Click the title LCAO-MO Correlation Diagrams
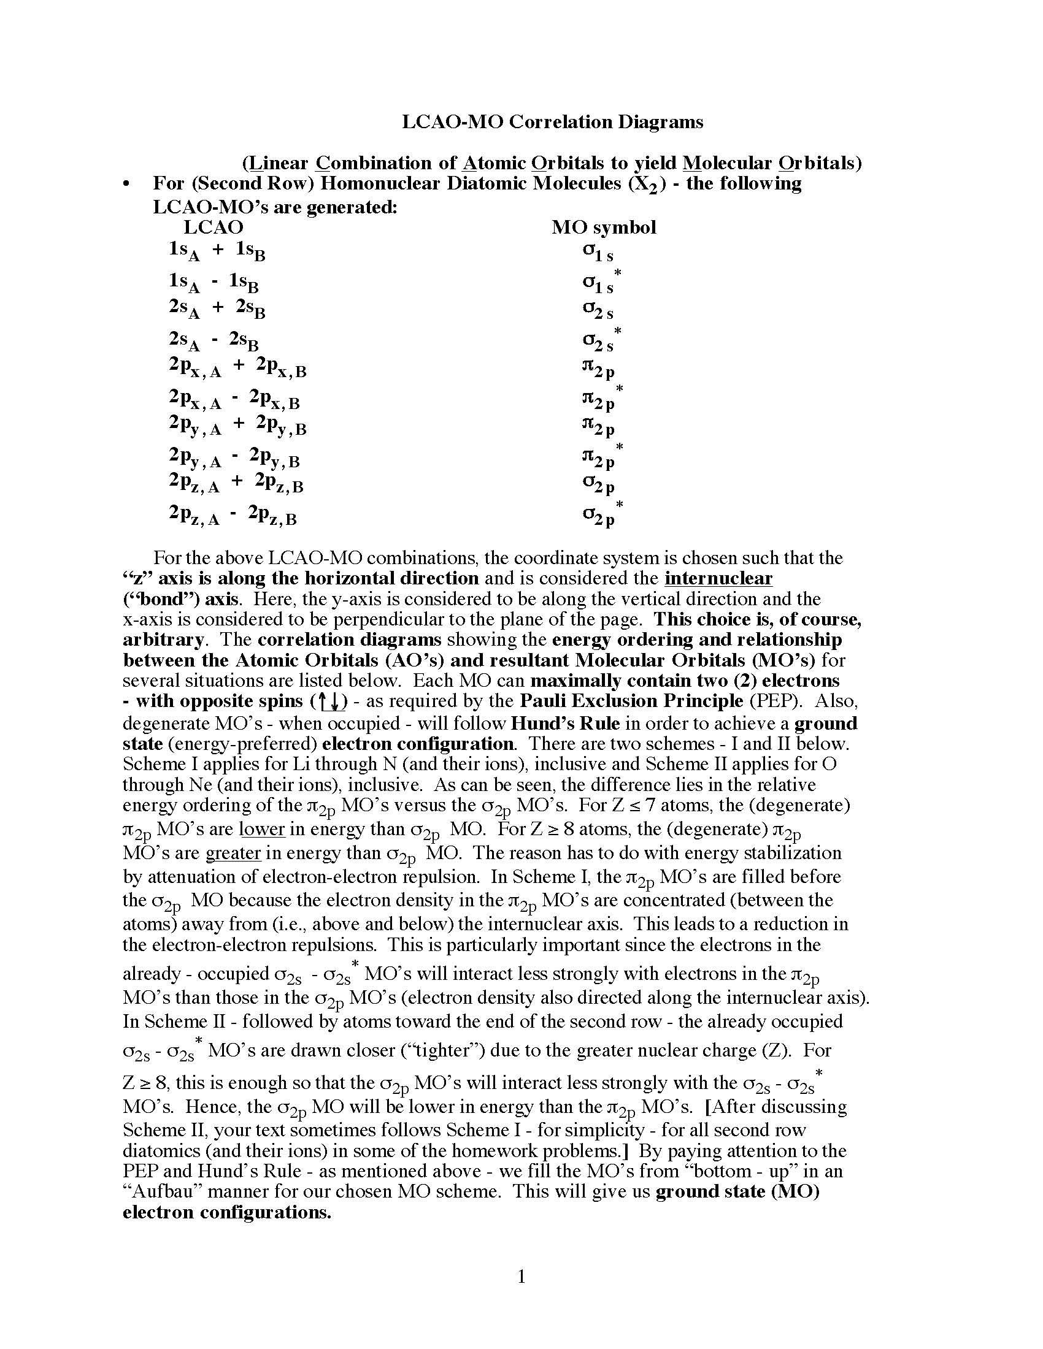(x=552, y=121)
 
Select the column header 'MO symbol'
(x=603, y=227)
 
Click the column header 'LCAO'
(x=214, y=227)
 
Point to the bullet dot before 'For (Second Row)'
(x=127, y=185)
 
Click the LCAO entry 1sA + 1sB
(x=217, y=250)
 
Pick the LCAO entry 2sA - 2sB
(x=214, y=340)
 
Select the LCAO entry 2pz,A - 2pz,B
(x=233, y=514)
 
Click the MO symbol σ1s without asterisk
(x=598, y=252)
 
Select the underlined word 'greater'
(x=233, y=853)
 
